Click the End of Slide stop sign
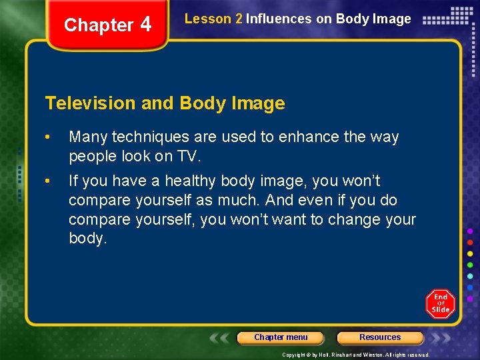click(x=440, y=304)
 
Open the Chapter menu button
click(x=281, y=337)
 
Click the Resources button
click(x=380, y=337)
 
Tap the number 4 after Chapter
click(x=145, y=25)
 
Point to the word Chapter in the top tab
click(x=99, y=25)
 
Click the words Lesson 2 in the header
click(x=213, y=19)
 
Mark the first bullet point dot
click(x=48, y=137)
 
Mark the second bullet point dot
click(x=48, y=181)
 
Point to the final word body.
click(x=87, y=238)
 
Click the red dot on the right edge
click(x=471, y=242)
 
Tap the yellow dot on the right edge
click(x=471, y=254)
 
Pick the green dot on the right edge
click(x=471, y=265)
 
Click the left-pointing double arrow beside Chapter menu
click(x=221, y=337)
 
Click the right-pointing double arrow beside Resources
click(x=441, y=337)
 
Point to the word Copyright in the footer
click(x=294, y=355)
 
